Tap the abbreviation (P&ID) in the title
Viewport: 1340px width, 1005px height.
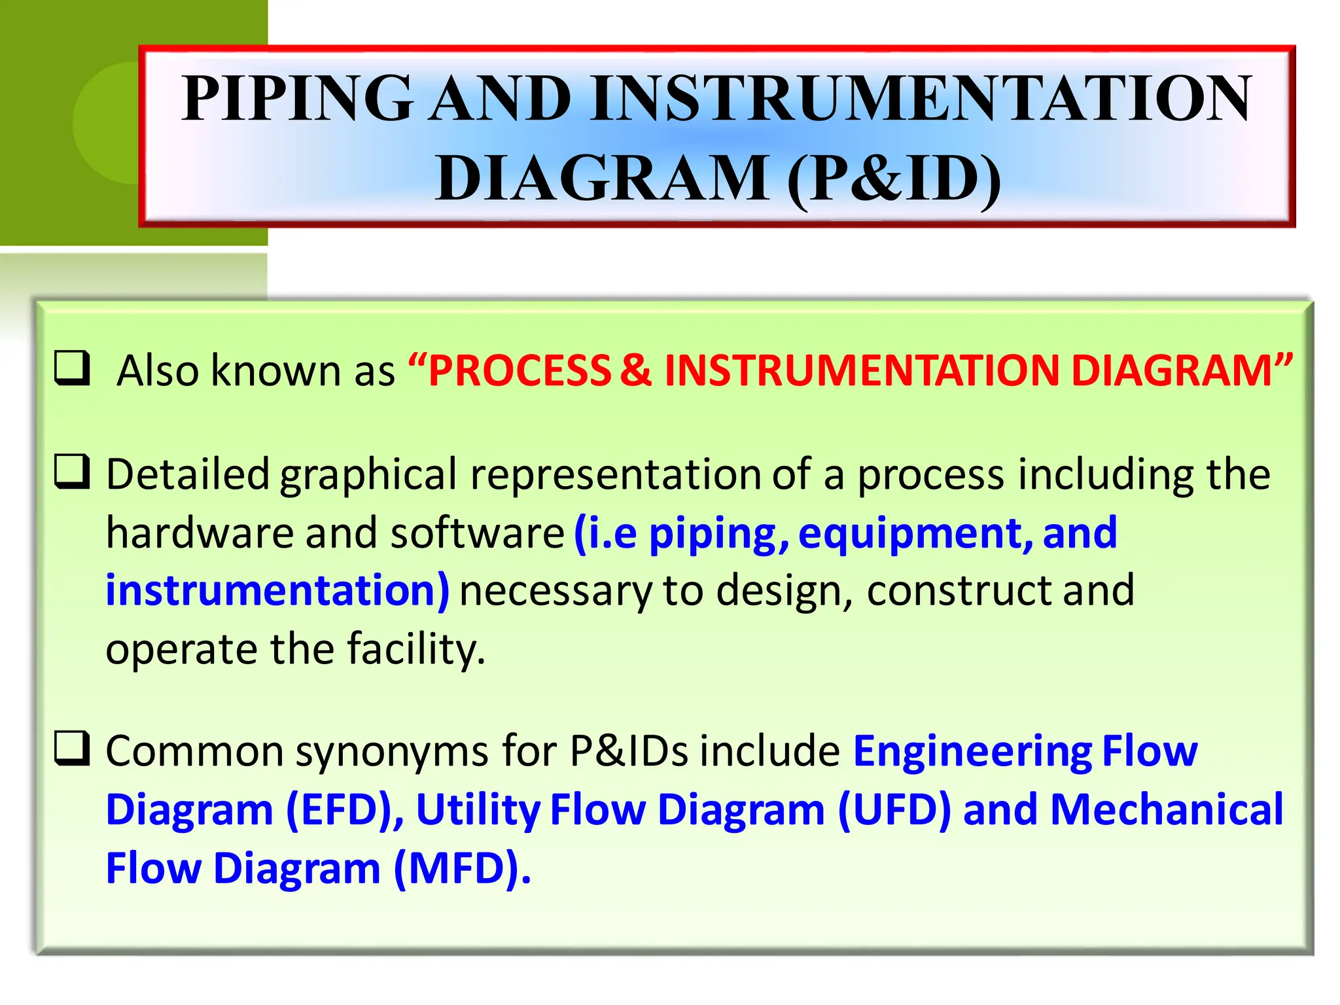(x=894, y=178)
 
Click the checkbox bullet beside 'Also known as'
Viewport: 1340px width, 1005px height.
(x=71, y=368)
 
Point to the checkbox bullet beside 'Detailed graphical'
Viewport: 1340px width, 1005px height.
(x=71, y=472)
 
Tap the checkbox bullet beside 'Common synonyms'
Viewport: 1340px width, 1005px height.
(x=71, y=748)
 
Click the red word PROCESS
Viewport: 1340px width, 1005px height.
(x=520, y=370)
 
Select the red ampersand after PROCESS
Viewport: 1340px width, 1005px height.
(x=635, y=370)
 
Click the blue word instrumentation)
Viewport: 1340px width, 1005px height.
(x=277, y=590)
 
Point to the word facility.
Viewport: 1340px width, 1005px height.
(x=416, y=649)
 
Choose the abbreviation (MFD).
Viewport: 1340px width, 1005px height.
(x=462, y=869)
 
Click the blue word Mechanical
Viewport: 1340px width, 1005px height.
(x=1167, y=810)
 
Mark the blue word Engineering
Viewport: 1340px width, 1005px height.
(x=973, y=751)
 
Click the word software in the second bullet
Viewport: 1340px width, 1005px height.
(x=478, y=533)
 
